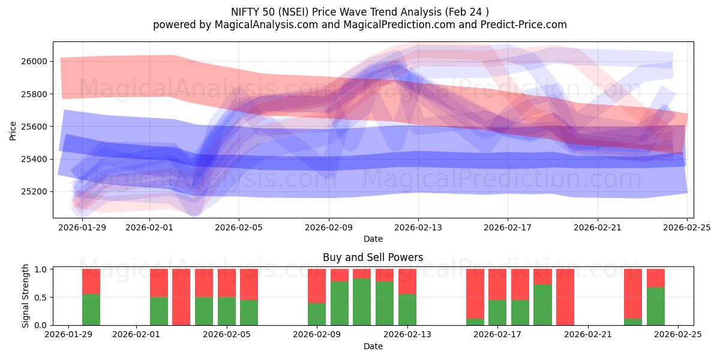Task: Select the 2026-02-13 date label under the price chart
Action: click(418, 227)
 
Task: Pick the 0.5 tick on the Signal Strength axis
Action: click(41, 298)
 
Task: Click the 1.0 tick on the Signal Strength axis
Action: click(41, 269)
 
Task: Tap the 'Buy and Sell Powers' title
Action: click(373, 257)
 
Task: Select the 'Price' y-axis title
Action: click(13, 130)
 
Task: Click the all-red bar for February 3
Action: click(181, 297)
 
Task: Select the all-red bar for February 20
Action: click(565, 297)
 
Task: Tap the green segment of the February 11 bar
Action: click(362, 302)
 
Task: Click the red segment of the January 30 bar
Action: click(91, 281)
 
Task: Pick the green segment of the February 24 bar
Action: click(656, 306)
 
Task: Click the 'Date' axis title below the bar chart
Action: click(373, 346)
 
